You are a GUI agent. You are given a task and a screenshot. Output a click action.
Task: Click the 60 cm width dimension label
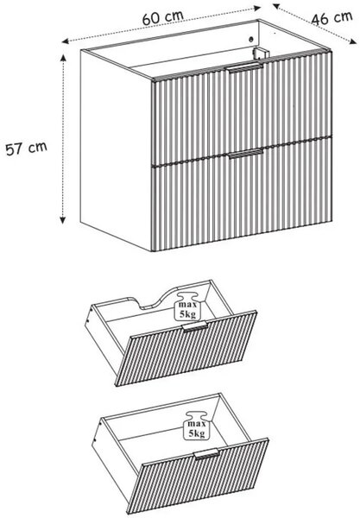(x=163, y=18)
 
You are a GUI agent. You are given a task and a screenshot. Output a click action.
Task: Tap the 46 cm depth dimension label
(x=332, y=18)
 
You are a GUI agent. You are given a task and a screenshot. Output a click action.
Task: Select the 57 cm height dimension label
(x=27, y=148)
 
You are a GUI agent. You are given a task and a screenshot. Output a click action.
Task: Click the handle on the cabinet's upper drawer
(x=244, y=67)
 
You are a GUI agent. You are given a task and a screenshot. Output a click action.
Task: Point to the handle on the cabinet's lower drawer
(x=246, y=154)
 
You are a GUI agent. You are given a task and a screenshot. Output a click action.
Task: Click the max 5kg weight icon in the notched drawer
(x=188, y=306)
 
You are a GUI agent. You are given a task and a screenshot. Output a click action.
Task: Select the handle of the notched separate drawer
(x=195, y=326)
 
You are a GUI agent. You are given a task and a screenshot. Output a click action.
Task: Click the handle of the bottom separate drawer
(x=206, y=454)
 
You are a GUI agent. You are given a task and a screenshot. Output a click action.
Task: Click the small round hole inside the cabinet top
(x=251, y=40)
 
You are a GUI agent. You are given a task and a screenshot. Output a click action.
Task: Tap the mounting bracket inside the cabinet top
(x=261, y=54)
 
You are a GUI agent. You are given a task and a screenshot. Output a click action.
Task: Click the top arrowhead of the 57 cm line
(x=63, y=58)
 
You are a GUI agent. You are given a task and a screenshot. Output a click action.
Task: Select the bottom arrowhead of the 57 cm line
(x=63, y=220)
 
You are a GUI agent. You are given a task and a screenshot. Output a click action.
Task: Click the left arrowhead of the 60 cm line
(x=66, y=41)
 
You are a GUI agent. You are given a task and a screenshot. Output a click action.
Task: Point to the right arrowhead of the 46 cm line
(x=353, y=41)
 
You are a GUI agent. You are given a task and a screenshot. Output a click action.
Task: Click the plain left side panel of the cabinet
(x=116, y=148)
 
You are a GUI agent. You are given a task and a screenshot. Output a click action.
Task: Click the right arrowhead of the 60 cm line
(x=257, y=9)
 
